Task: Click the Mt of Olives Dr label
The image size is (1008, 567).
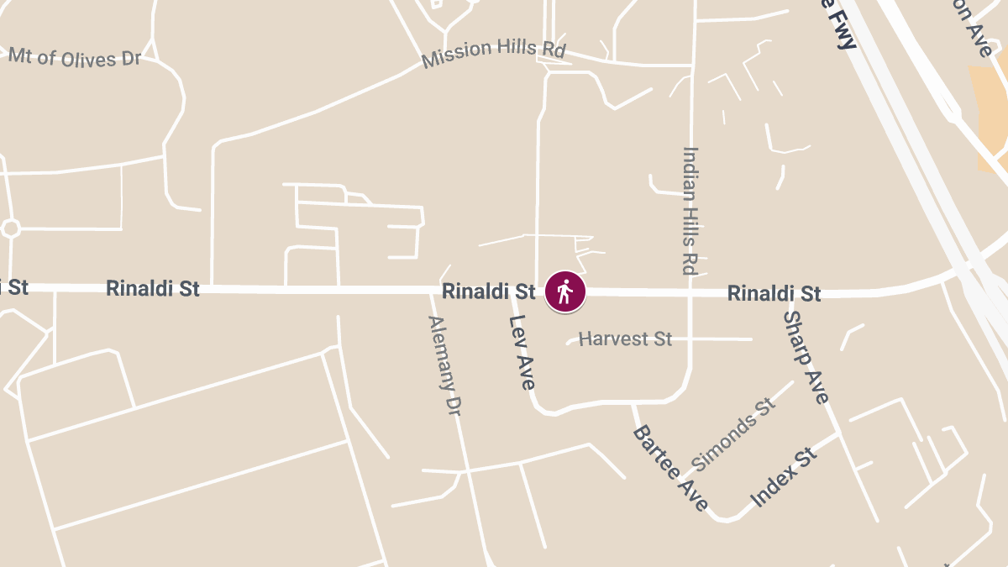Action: click(75, 57)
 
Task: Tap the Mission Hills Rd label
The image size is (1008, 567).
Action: click(493, 54)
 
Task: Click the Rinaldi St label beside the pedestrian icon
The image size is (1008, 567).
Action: click(489, 291)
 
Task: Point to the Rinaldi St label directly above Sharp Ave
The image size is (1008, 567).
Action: click(774, 293)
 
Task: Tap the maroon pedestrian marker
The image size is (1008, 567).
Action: click(565, 292)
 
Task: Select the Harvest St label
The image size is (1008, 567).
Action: click(626, 339)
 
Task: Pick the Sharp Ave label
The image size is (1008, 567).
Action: click(806, 356)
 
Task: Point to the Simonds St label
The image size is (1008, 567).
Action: click(732, 434)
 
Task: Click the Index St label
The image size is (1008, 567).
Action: click(784, 478)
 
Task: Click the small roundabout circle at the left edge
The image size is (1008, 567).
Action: click(10, 228)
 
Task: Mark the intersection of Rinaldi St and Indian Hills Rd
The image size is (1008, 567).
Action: click(690, 293)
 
